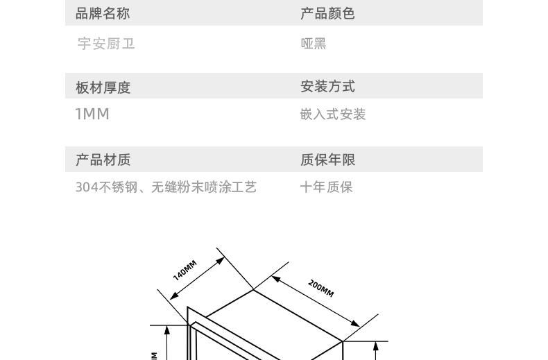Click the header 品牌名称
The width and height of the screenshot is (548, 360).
[103, 13]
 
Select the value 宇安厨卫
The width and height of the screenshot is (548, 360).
[106, 44]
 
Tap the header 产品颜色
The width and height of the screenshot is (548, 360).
[327, 13]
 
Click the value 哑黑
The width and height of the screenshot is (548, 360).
[314, 44]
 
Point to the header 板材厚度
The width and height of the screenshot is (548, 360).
[103, 87]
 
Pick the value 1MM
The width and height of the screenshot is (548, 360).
[92, 114]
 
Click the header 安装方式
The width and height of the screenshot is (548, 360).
[327, 87]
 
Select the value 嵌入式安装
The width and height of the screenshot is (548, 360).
[333, 114]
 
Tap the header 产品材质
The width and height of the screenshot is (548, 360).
[103, 160]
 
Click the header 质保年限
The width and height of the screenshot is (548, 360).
[327, 160]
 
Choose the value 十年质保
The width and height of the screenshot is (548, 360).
[327, 187]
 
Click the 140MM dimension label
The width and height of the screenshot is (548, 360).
[185, 270]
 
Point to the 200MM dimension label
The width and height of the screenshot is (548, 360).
[321, 288]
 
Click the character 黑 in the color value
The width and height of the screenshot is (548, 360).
[320, 44]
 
